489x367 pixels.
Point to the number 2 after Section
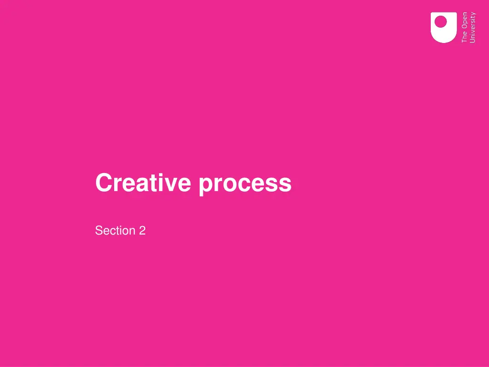point(142,231)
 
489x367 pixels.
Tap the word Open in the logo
point(465,22)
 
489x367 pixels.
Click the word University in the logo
point(473,27)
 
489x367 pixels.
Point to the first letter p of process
point(206,185)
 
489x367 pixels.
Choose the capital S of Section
point(99,231)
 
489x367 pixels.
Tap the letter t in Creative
point(150,183)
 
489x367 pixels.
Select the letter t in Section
point(119,231)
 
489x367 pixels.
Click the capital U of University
point(473,41)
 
